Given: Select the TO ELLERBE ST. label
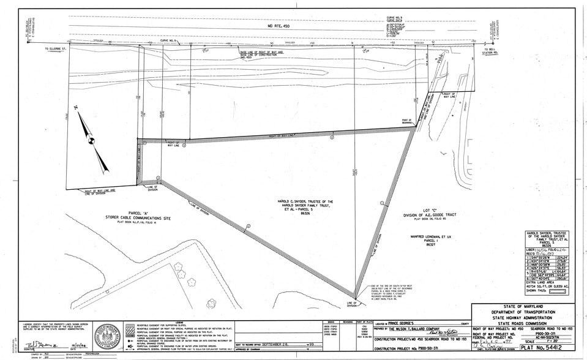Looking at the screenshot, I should [x=46, y=48].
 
